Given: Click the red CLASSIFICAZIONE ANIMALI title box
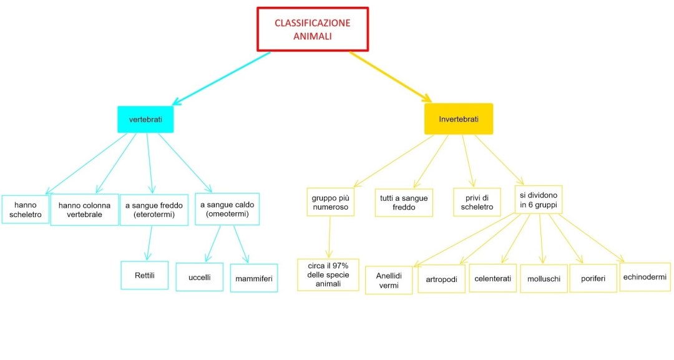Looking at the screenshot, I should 313,29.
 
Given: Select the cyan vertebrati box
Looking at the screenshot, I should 145,119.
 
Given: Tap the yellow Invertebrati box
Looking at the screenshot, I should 458,119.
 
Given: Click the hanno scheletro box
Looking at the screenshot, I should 26,210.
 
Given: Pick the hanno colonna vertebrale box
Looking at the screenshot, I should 84,210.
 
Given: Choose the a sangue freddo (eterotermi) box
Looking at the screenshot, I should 154,210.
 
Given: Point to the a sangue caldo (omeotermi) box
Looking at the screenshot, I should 227,209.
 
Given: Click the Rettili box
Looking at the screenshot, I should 144,275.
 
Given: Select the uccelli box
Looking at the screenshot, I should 199,277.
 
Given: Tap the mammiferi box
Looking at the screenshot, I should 254,278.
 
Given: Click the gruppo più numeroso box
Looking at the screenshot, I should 330,202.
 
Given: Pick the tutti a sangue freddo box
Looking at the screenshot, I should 404,203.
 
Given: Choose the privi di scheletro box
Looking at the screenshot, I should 477,202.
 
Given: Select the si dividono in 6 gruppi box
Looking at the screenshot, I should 539,200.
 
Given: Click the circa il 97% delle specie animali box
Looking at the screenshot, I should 328,275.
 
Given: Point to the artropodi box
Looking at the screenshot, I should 441,279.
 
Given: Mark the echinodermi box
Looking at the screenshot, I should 645,277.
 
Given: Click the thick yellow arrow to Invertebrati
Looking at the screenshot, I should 390,76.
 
